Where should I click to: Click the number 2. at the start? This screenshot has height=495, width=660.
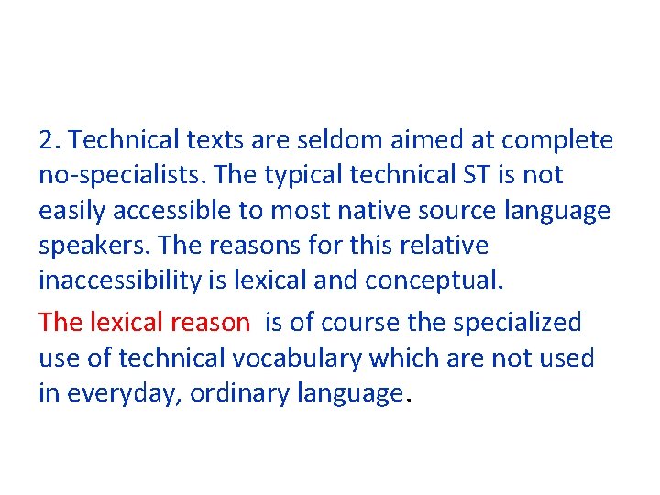click(49, 140)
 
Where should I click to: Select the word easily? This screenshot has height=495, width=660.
click(72, 211)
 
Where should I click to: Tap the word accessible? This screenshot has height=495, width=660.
click(171, 211)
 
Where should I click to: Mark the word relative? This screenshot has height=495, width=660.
click(445, 247)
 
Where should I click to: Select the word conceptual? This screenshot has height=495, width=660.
click(434, 280)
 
